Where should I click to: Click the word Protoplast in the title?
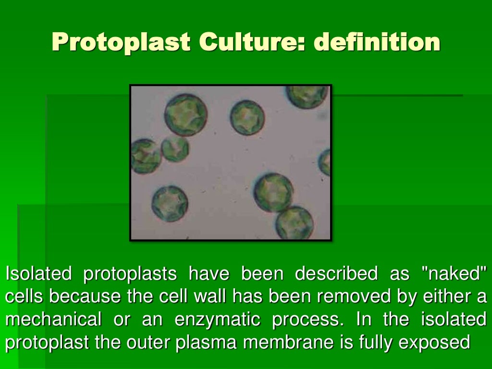click(120, 43)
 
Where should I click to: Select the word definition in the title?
click(377, 43)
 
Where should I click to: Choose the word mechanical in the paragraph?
click(53, 319)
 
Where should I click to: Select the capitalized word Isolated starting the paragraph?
click(38, 274)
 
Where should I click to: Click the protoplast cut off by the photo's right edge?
click(325, 162)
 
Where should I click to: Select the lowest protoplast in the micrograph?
click(294, 222)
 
